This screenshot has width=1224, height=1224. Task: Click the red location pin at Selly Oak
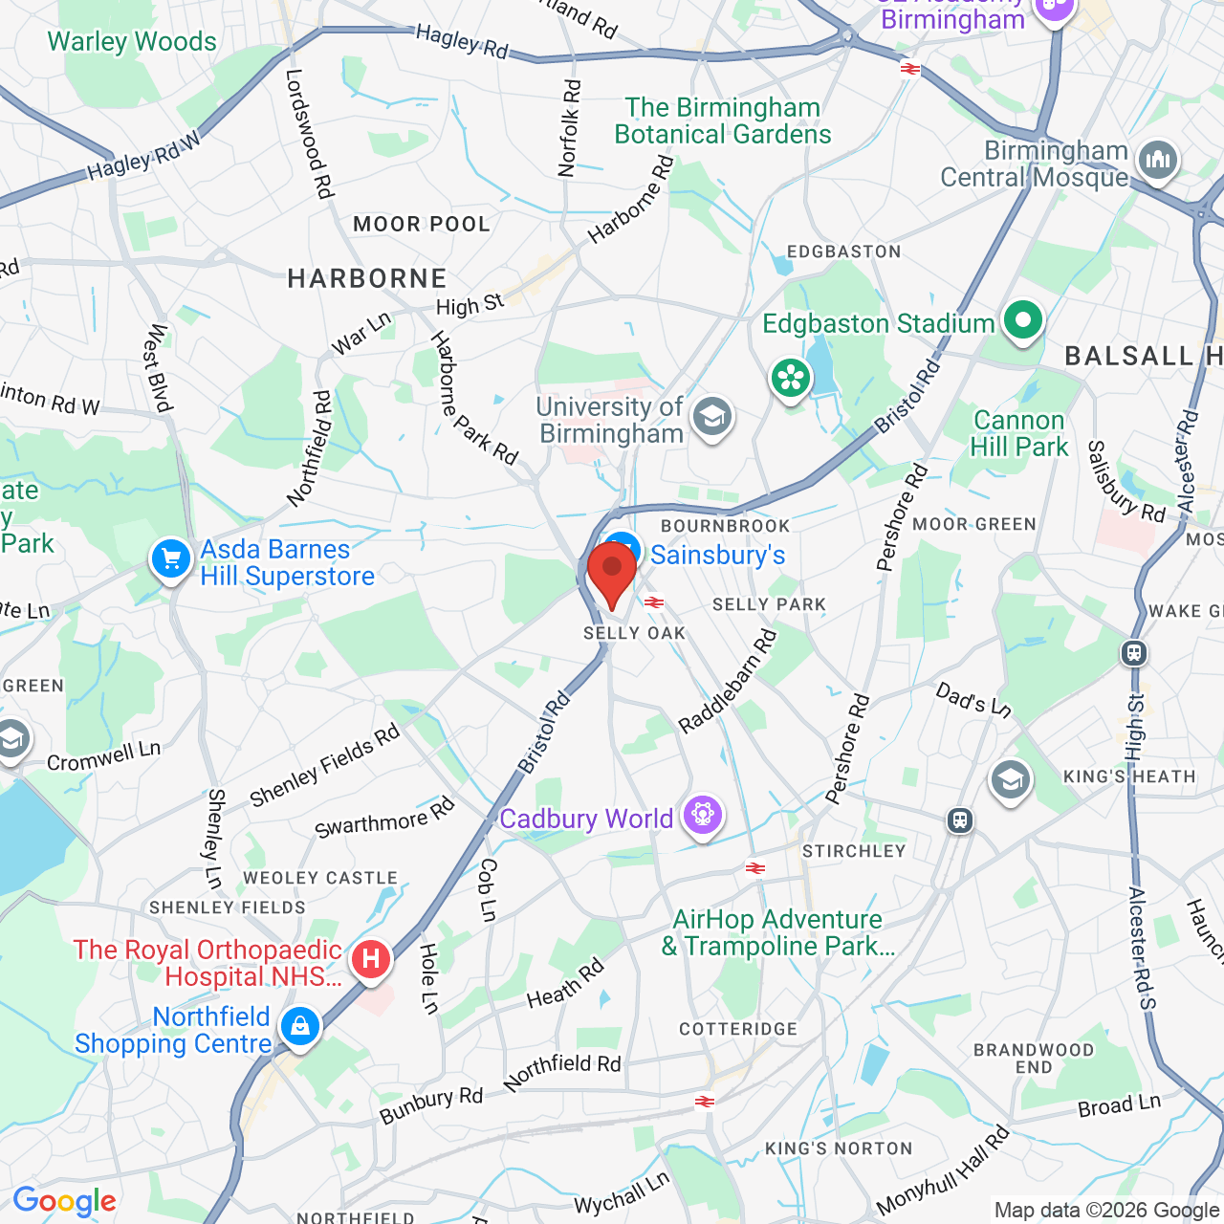point(612,573)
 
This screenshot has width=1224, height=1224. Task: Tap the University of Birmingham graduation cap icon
point(712,418)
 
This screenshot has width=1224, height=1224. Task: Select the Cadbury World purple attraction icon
point(703,816)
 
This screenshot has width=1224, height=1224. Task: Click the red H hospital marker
point(371,959)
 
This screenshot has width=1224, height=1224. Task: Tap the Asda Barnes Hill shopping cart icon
point(171,559)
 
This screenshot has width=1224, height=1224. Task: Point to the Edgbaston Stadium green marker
point(1022,321)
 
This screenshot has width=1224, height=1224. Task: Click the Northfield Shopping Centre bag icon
point(300,1028)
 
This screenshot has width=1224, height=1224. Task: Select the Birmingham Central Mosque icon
point(1158,160)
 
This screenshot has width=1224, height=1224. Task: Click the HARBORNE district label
point(367,279)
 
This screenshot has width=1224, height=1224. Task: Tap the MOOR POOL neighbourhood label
point(422,225)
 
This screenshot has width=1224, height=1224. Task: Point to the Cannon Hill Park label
point(1019,434)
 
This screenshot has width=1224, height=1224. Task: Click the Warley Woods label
point(132,42)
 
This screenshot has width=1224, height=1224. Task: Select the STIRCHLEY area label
point(854,851)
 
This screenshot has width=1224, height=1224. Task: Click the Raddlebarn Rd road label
point(727,681)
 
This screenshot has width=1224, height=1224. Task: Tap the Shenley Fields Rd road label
point(324,765)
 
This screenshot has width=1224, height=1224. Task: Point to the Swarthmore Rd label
point(384,819)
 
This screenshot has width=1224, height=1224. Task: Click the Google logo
point(64,1201)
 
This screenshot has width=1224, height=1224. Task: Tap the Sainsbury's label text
point(718,556)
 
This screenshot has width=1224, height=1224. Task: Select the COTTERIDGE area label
point(738,1029)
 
